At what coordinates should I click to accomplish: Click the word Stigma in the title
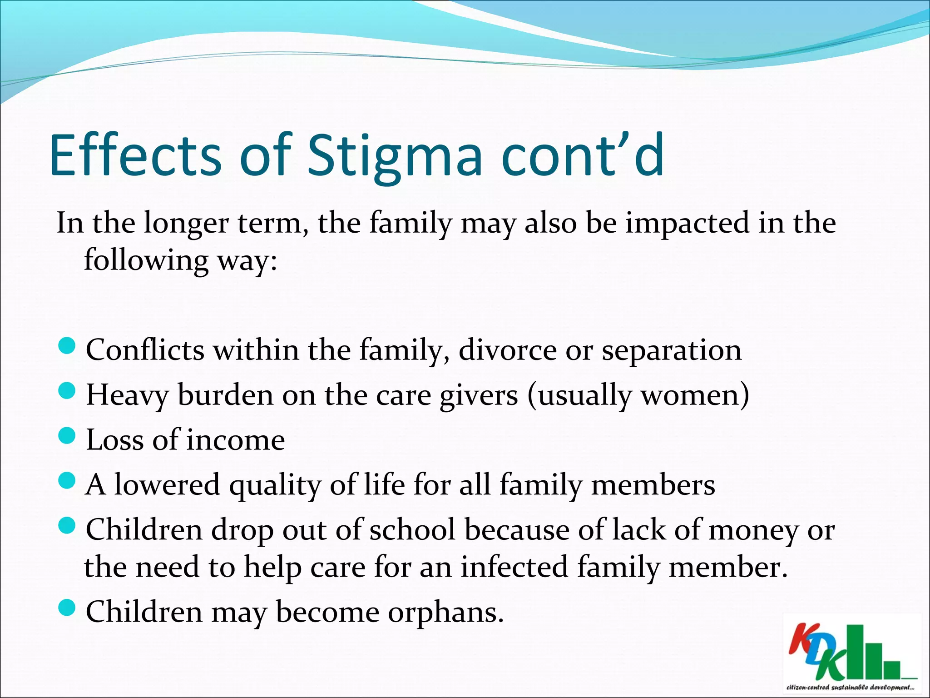click(x=394, y=155)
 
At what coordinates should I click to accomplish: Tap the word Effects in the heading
click(x=135, y=155)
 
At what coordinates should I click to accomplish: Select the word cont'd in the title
click(x=583, y=155)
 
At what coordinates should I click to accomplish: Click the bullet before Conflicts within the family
click(x=67, y=347)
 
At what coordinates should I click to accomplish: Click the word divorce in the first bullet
click(x=507, y=350)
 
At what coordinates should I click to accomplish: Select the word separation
click(x=671, y=350)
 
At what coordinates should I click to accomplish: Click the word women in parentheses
click(x=690, y=395)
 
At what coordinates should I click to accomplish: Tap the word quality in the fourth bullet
click(x=275, y=485)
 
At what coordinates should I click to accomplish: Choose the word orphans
click(x=445, y=612)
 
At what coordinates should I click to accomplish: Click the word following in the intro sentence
click(x=146, y=260)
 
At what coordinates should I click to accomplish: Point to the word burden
click(x=225, y=395)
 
